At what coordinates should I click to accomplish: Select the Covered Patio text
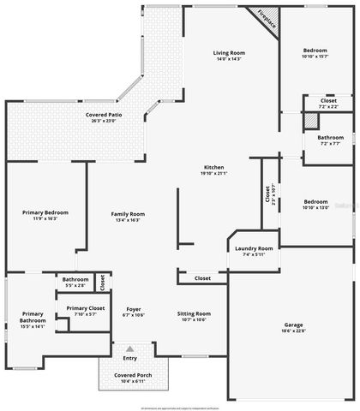102,115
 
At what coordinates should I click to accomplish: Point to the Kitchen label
214,166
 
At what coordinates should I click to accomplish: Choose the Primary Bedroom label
45,212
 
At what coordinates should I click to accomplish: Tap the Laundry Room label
253,248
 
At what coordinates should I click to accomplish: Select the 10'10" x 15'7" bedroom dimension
315,57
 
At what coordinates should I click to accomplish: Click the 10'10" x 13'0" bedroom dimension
315,207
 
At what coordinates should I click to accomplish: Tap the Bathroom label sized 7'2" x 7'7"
330,138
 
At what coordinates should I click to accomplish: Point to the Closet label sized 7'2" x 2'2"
328,101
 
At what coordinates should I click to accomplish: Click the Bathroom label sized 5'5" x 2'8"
75,279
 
